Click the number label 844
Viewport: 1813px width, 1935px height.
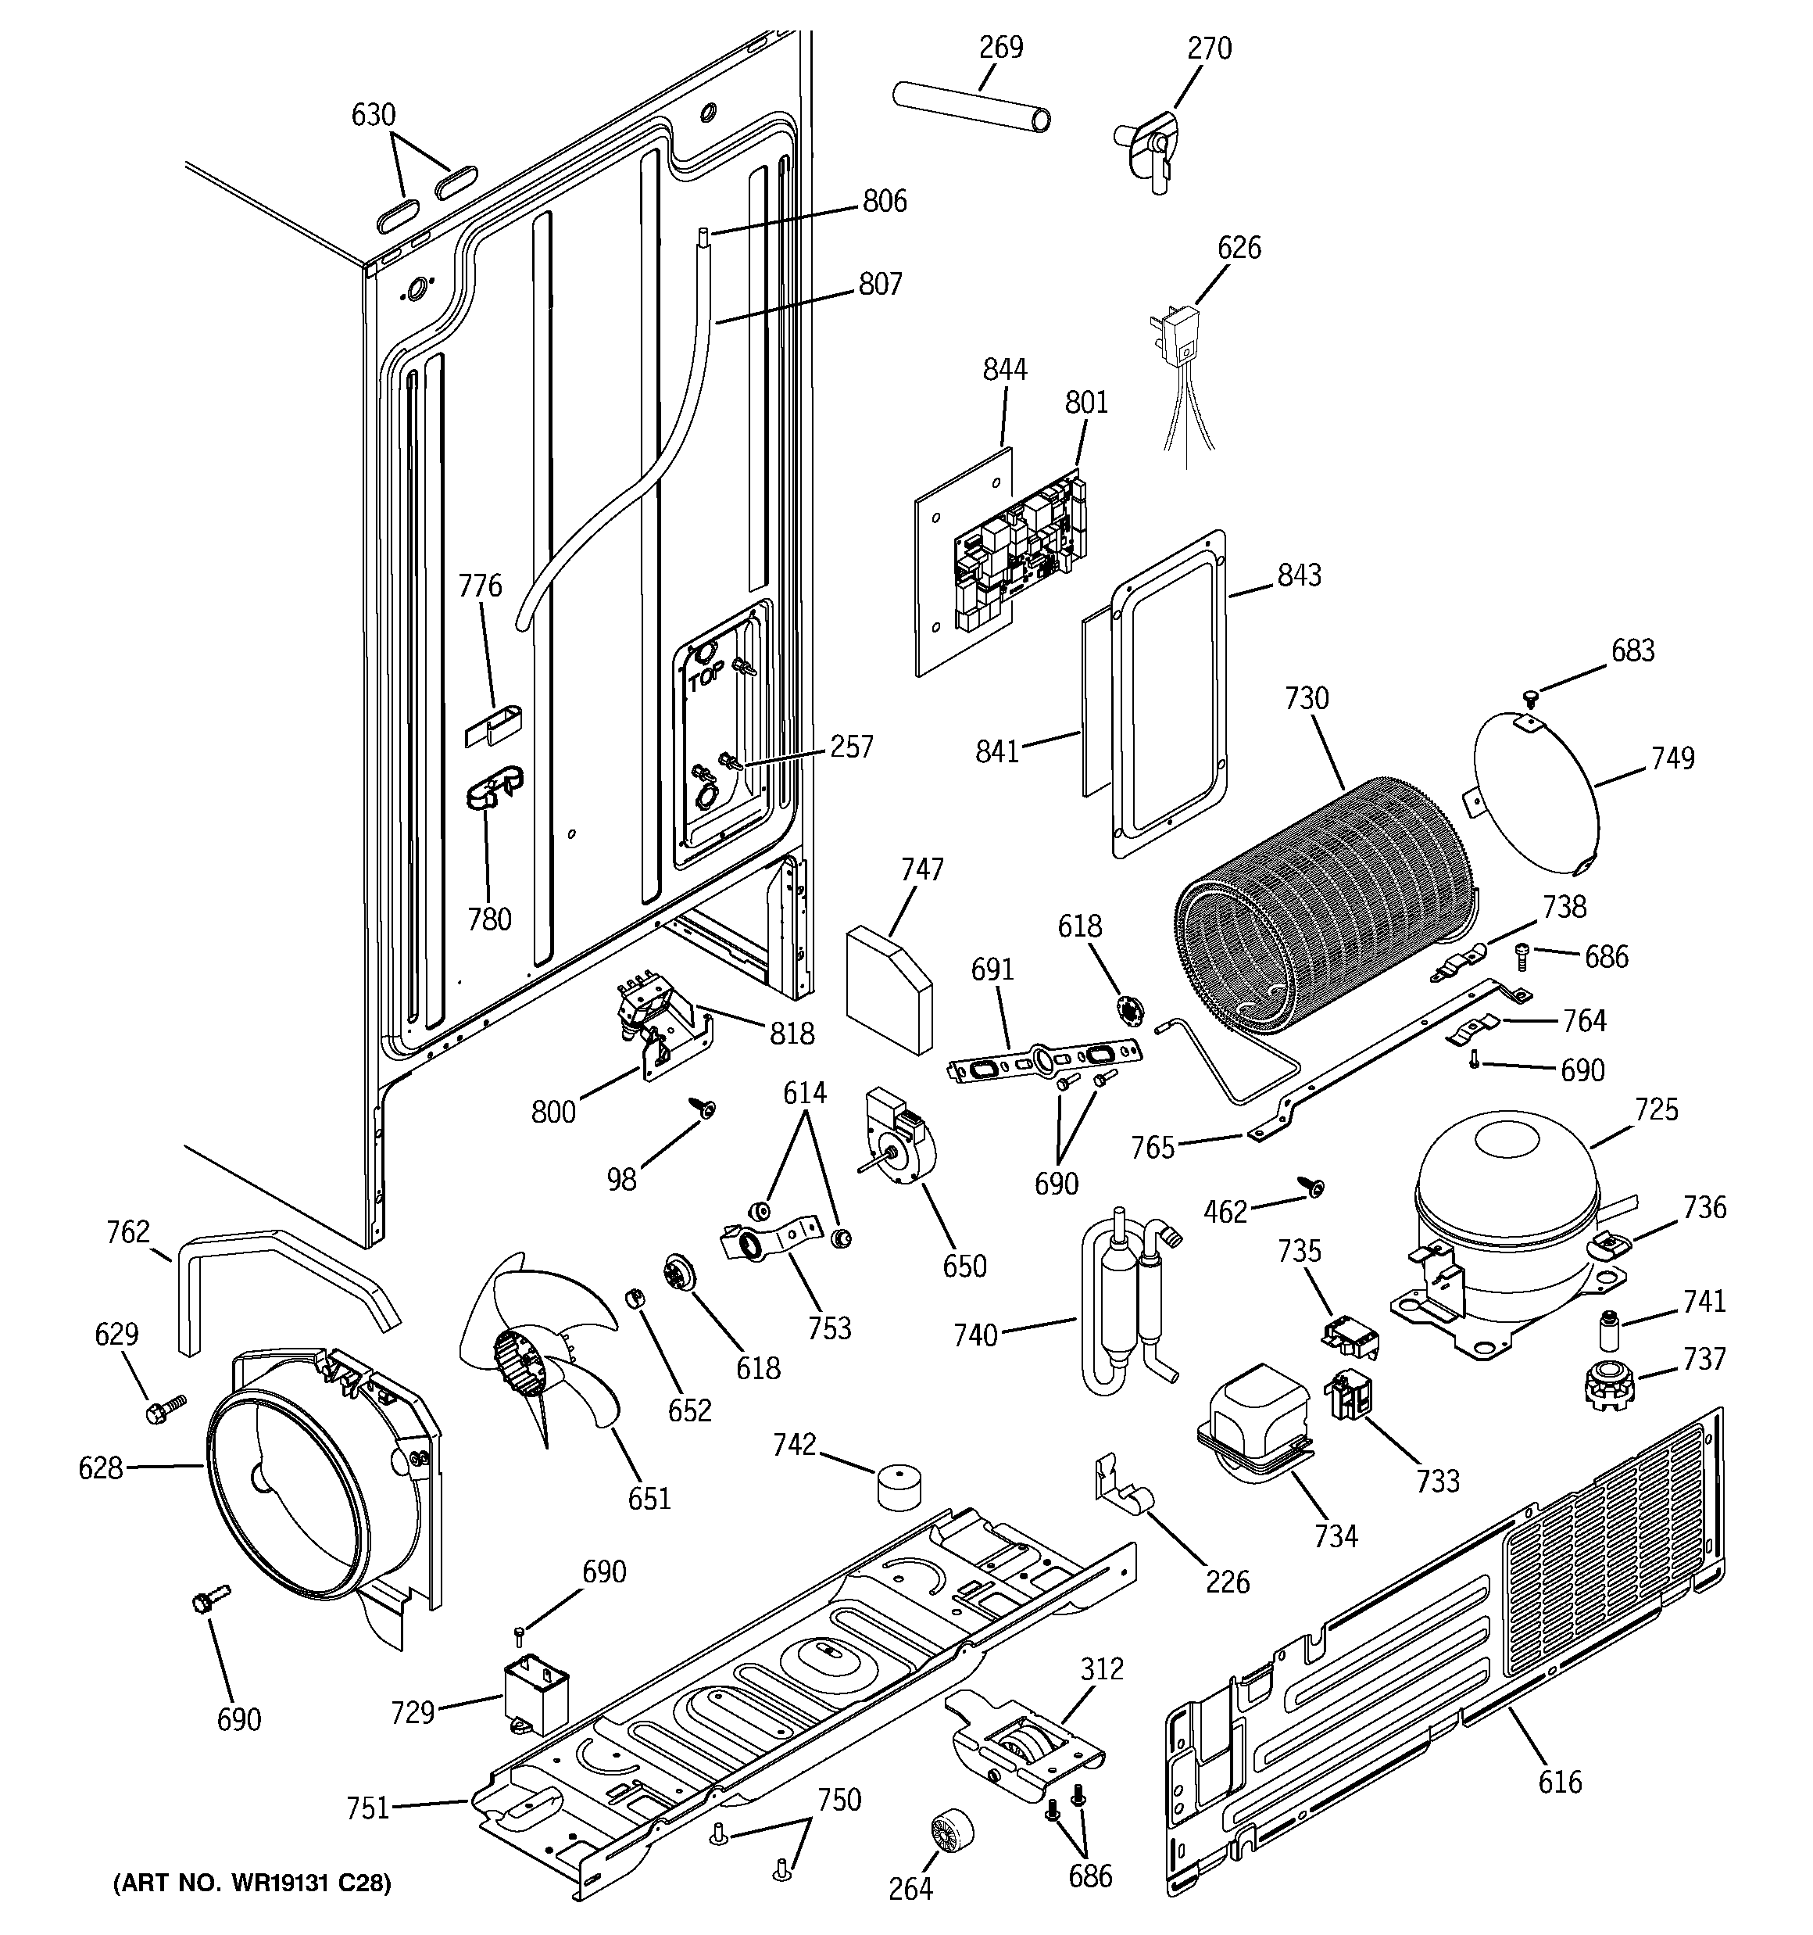point(1004,369)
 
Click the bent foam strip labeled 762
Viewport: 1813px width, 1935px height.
point(282,1275)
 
